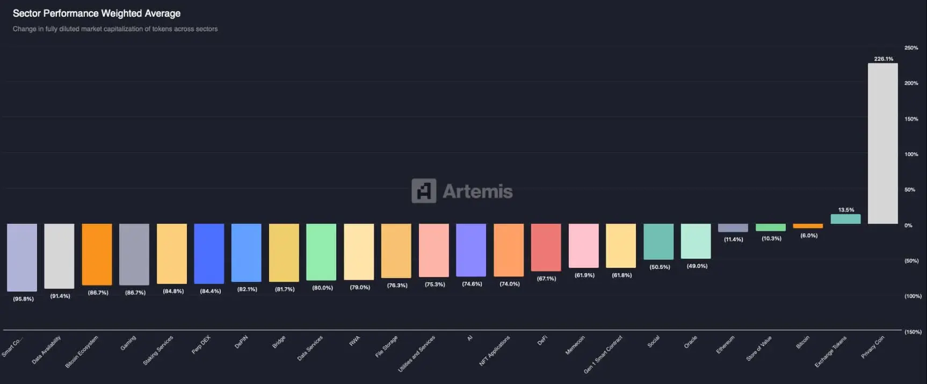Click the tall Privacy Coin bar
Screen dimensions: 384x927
pos(882,144)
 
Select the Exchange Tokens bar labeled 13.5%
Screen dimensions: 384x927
pos(845,219)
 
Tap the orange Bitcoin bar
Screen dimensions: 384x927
pos(808,226)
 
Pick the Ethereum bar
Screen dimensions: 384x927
pos(733,228)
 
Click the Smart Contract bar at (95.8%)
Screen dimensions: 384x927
pos(22,257)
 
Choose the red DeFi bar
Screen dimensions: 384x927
pos(546,247)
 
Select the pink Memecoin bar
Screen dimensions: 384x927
pos(583,246)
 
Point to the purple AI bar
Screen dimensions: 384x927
pos(471,250)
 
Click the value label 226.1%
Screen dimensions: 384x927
pos(883,59)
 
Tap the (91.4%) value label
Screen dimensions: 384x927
pos(60,296)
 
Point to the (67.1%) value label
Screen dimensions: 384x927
pos(546,279)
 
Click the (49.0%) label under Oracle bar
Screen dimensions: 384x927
pos(697,266)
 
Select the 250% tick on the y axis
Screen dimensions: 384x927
pos(911,48)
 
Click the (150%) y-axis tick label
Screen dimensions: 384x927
pos(912,332)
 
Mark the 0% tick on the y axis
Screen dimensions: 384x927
pos(908,225)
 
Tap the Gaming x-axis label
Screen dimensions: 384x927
pos(128,343)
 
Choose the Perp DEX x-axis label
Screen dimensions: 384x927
pos(201,345)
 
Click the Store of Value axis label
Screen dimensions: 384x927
pos(759,348)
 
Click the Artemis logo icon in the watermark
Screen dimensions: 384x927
pos(424,191)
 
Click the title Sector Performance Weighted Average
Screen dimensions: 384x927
pos(97,13)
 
